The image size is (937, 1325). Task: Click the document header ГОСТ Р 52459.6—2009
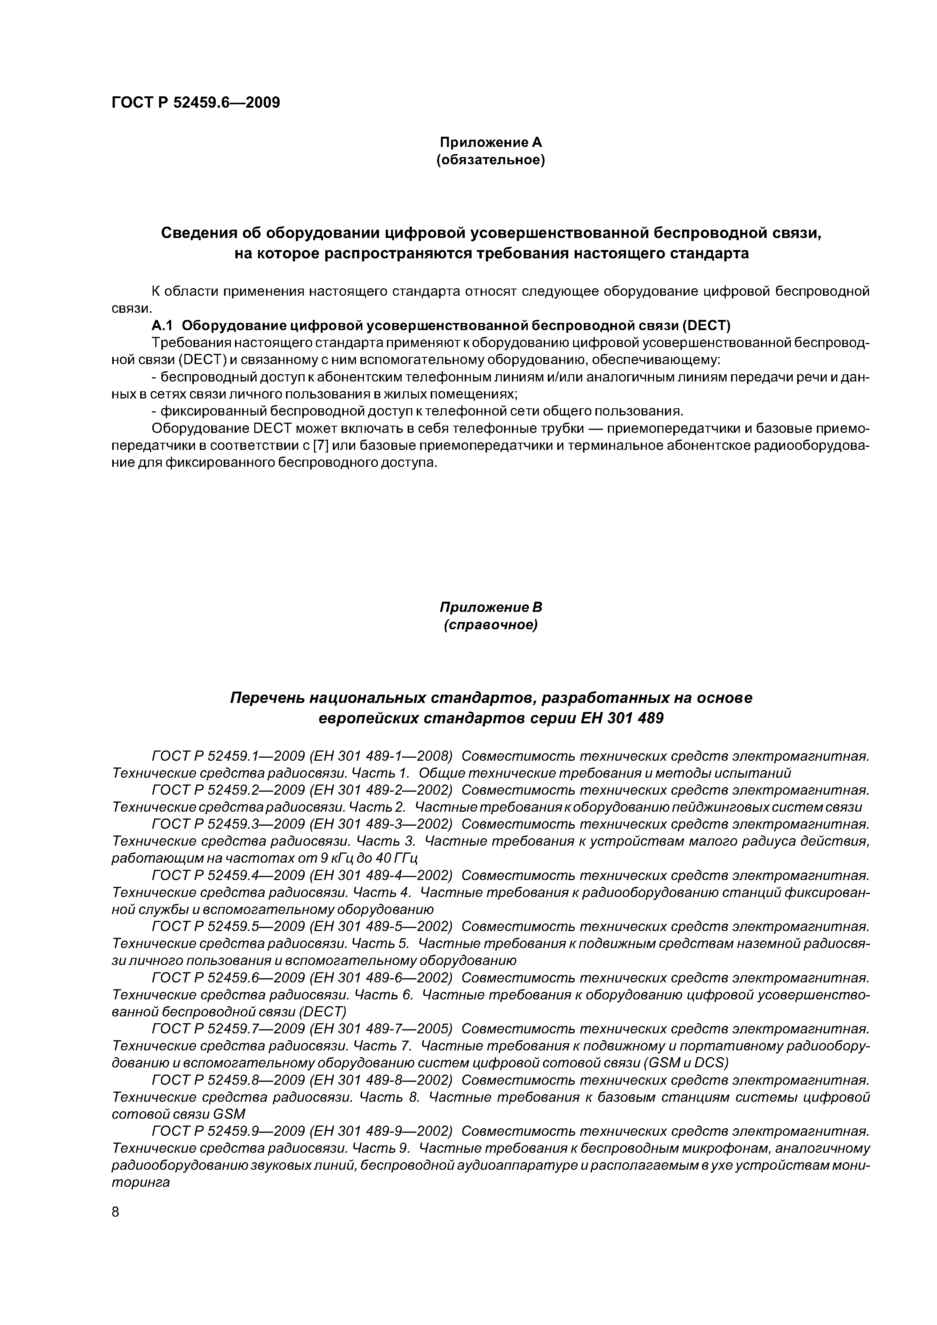(x=195, y=103)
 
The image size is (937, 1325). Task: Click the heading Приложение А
(x=491, y=142)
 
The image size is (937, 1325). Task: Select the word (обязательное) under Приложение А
(x=491, y=159)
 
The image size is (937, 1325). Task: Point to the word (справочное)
(x=491, y=625)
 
